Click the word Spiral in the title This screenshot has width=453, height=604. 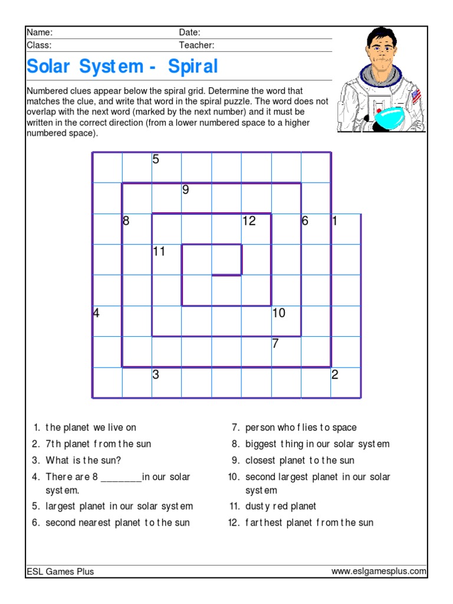point(193,67)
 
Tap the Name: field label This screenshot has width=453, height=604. point(40,32)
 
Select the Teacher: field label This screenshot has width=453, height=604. point(196,45)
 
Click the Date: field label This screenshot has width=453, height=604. point(189,32)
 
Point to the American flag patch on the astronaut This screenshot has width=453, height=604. point(416,95)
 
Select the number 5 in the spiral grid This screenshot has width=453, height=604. point(156,159)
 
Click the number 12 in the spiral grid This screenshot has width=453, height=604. point(249,221)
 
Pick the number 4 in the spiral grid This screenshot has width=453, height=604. point(96,313)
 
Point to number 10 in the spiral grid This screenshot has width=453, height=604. point(278,313)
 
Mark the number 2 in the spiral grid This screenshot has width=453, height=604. point(334,375)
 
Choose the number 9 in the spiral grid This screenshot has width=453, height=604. point(185,190)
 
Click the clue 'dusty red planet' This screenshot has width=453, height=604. point(281,506)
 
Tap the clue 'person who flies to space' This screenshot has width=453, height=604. point(301,427)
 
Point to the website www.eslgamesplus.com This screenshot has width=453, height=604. point(378,571)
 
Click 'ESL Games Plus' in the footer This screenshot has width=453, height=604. point(60,571)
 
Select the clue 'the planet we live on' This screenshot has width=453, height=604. point(90,427)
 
